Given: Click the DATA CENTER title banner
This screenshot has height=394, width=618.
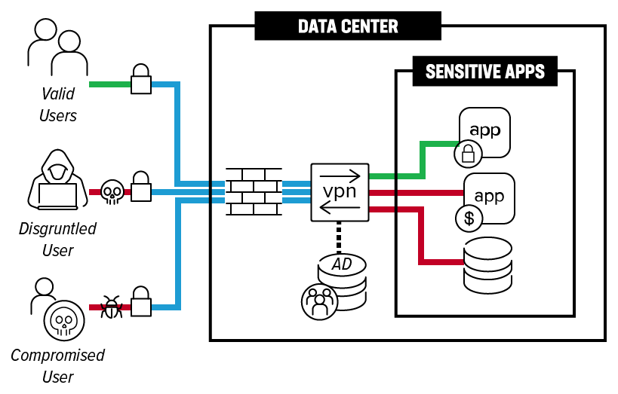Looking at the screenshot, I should pos(348,26).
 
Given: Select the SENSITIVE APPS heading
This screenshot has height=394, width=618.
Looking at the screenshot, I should pos(485,72).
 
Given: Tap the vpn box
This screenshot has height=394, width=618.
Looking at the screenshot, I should pos(340,192).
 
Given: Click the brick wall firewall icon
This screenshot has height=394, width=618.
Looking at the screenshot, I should pos(254,192).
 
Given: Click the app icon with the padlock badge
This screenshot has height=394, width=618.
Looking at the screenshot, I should pos(484,133).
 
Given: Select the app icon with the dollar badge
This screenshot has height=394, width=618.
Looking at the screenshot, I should pos(488,198).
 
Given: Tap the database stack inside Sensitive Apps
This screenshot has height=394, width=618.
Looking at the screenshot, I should pos(487,265).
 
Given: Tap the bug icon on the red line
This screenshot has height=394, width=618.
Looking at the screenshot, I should pos(112,307).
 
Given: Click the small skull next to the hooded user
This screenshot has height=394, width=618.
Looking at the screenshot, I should pos(112,193).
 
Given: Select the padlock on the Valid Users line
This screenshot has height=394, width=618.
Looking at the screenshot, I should pos(141,80).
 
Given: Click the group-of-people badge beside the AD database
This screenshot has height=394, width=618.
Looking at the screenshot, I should pos(320,300).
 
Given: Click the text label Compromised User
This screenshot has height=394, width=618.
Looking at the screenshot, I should pos(57,365).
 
